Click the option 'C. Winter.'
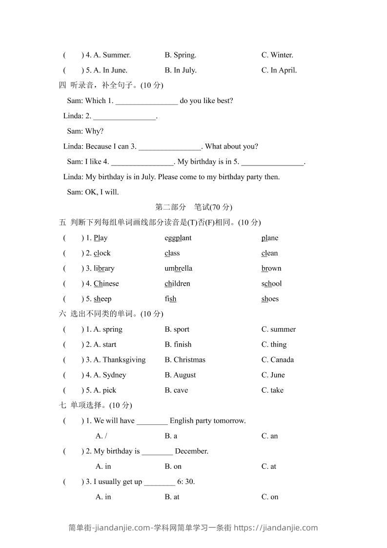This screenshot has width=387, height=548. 277,55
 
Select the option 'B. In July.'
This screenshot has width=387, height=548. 181,70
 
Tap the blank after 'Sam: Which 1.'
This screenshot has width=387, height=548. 146,101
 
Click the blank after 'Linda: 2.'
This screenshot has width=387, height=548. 124,116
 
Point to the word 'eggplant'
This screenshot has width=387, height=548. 178,238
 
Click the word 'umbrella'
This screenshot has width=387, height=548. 179,269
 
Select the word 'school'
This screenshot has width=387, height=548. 271,284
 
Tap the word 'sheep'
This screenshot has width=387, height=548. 102,299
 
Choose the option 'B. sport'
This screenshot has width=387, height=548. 177,330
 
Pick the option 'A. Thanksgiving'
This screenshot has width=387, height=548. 120,360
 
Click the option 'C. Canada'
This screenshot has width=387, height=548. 278,360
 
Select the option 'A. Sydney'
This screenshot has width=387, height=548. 110,375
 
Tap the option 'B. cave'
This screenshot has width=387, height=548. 176,390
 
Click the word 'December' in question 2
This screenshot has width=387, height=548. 191,451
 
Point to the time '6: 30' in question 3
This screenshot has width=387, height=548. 185,482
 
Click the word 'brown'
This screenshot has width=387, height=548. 271,269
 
